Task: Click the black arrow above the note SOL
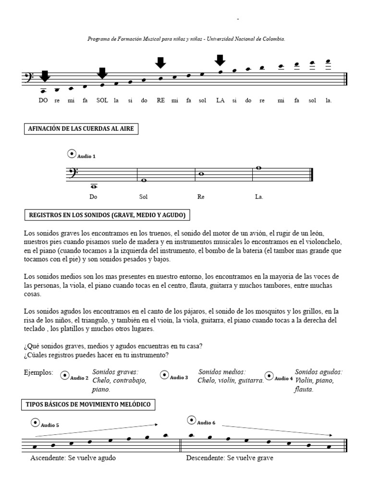pos(102,73)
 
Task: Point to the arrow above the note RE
pos(160,62)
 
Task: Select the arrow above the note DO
pos(45,76)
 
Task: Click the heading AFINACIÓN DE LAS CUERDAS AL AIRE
pos(81,129)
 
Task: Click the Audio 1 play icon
pos(72,154)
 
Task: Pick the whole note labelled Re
pos(201,174)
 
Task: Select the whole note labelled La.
pos(258,168)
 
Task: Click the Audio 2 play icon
pos(64,375)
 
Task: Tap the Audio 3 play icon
pos(164,375)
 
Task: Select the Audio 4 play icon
pos(269,376)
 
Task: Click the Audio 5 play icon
pos(35,423)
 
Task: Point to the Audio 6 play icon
pos(191,420)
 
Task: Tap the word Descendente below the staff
pos(206,458)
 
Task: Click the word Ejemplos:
pos(38,372)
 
